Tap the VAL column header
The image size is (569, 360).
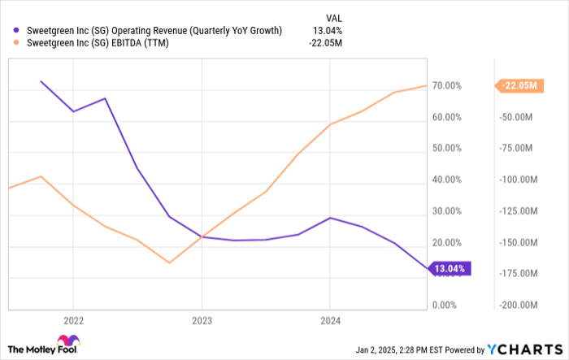(x=332, y=15)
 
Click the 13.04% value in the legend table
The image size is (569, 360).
(x=327, y=31)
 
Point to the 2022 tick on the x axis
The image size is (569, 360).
(x=73, y=319)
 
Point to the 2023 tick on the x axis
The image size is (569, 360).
(x=202, y=319)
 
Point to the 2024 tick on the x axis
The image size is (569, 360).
(x=329, y=319)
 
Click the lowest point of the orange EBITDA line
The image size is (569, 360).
(x=169, y=262)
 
